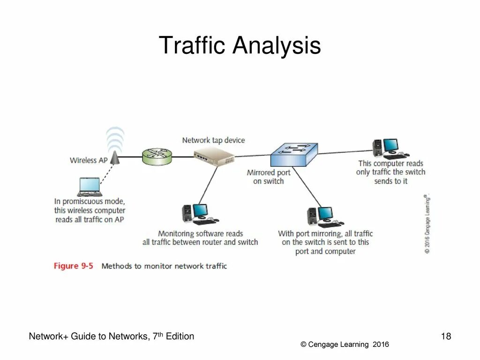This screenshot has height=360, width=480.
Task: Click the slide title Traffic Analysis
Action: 240,46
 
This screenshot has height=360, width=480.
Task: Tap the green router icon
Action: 157,157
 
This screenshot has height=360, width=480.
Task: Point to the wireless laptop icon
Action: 89,187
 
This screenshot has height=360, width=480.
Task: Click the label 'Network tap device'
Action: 213,140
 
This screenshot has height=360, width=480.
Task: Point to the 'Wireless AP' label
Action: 89,160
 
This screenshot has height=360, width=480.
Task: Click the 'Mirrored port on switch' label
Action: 269,177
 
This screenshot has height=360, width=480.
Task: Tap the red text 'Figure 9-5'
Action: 74,266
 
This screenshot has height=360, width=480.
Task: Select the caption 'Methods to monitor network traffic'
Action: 164,266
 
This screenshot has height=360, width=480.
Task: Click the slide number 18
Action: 446,336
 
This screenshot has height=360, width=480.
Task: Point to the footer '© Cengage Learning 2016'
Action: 345,345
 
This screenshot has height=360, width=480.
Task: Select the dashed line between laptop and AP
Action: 107,171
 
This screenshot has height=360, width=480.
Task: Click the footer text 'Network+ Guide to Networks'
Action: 89,336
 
